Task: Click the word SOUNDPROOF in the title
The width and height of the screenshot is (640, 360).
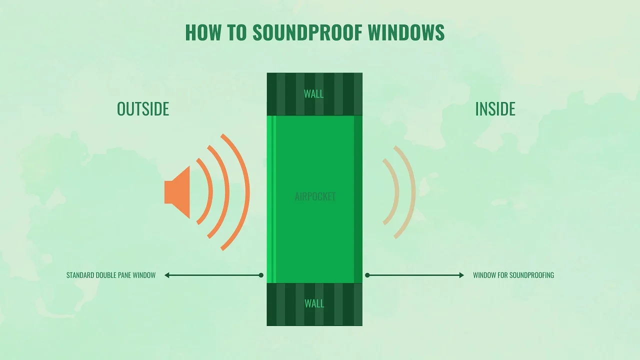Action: point(307,32)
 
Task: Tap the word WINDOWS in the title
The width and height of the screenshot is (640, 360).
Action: point(406,32)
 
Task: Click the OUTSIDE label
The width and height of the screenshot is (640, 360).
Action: point(143,109)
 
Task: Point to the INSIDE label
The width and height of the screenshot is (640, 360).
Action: point(495,109)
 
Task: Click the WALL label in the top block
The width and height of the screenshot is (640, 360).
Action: point(313,94)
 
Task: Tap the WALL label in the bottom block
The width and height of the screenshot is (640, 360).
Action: point(314,303)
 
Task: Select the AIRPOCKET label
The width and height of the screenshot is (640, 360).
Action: point(315,196)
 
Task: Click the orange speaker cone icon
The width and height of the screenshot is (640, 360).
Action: point(177,192)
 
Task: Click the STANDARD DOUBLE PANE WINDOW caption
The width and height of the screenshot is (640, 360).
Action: point(111,275)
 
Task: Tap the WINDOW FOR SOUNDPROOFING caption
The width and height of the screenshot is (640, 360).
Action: point(513,275)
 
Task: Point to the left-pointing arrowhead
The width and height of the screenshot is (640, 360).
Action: point(167,275)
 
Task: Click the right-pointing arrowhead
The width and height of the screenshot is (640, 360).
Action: point(461,275)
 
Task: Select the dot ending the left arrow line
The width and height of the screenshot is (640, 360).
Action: point(261,275)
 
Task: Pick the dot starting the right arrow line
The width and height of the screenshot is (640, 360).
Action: point(367,275)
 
